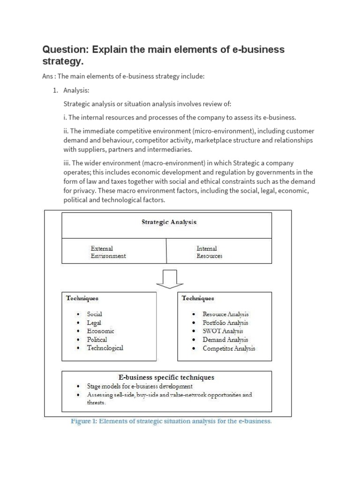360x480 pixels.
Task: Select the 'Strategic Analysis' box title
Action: click(x=169, y=222)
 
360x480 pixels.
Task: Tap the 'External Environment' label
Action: click(x=108, y=252)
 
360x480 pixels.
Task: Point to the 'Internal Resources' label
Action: click(x=209, y=252)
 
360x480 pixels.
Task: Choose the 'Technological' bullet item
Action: click(x=105, y=348)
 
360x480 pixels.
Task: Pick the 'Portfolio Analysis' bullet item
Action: click(x=225, y=322)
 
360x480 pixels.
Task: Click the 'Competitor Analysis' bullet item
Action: click(x=229, y=348)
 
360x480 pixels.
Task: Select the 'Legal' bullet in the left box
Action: click(x=94, y=322)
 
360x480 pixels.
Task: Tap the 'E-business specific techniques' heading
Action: click(x=166, y=377)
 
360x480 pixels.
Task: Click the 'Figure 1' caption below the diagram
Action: click(x=171, y=421)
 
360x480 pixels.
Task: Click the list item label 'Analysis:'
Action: click(x=76, y=90)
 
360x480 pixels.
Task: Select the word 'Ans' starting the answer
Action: click(x=48, y=77)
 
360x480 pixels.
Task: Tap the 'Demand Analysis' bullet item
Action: click(x=225, y=339)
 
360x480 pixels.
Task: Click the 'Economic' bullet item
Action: click(x=100, y=331)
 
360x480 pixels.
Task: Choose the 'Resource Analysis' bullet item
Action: click(x=225, y=314)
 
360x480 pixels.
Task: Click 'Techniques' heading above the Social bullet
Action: click(x=82, y=298)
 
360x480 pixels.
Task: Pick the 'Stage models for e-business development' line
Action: click(x=140, y=386)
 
